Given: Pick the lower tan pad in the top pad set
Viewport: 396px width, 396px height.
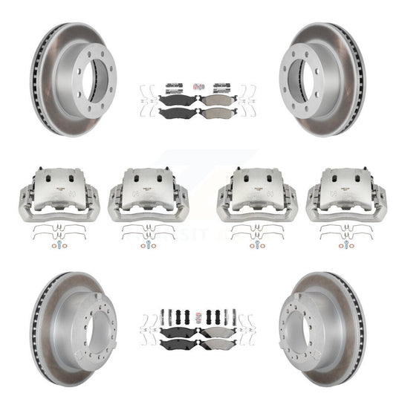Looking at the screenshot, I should (216, 113).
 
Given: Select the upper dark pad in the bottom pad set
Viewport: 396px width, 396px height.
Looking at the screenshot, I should (179, 333).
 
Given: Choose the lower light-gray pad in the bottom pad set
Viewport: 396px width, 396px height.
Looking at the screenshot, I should (216, 346).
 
